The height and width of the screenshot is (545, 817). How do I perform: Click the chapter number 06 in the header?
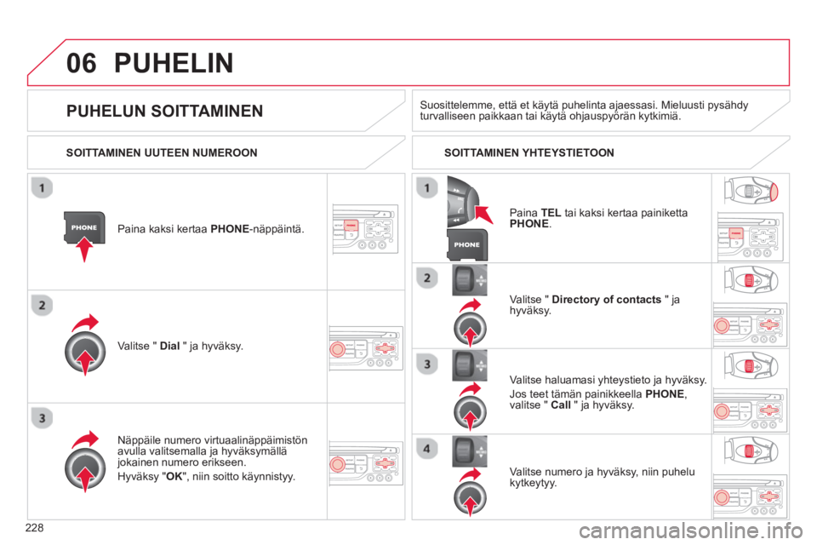[82, 63]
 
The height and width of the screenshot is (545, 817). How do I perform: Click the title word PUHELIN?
[174, 63]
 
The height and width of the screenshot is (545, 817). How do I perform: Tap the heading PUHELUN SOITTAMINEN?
[164, 111]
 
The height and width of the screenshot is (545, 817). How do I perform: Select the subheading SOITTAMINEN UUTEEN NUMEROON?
[162, 152]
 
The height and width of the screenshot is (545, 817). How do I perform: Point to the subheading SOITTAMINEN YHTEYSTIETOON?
[528, 152]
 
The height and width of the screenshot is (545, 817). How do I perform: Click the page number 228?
[34, 528]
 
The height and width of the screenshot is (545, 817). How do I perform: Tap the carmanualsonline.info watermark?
[690, 531]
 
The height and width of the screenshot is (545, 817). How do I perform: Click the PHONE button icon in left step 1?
[84, 227]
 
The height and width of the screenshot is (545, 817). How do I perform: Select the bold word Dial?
[169, 346]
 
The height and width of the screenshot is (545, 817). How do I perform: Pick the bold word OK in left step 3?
[174, 477]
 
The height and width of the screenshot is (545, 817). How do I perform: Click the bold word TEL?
[551, 213]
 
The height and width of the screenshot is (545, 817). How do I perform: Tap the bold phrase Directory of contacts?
[606, 300]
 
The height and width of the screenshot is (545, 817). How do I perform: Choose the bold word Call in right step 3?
[561, 405]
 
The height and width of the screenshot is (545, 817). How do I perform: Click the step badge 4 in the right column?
[426, 449]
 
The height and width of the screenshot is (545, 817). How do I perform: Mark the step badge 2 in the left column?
[43, 305]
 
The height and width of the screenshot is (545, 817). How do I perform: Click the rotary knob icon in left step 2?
[85, 352]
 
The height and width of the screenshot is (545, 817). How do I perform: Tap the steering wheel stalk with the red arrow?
[463, 201]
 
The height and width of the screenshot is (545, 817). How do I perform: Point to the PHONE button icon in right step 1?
[467, 244]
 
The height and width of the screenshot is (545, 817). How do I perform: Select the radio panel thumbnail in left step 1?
[365, 228]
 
